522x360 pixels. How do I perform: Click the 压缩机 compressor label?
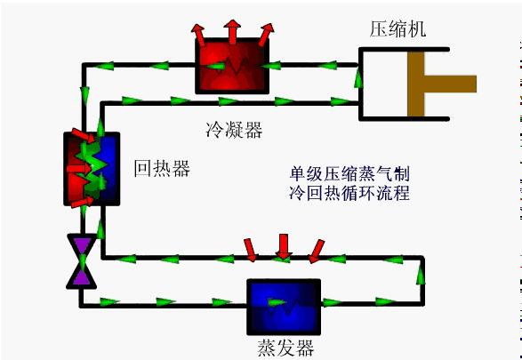(398, 29)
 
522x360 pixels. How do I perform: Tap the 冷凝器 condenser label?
(234, 130)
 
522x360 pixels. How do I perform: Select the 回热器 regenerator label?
(162, 168)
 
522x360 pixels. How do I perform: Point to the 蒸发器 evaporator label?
(285, 348)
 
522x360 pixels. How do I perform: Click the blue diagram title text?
(349, 183)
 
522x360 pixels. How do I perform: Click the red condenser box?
(232, 66)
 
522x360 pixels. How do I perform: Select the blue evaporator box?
(284, 307)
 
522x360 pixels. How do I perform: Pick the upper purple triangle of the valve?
(82, 244)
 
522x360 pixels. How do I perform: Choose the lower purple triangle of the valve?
(82, 276)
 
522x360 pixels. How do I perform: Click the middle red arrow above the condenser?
(232, 31)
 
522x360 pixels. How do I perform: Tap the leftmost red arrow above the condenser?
(199, 35)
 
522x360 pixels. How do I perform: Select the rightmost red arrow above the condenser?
(266, 35)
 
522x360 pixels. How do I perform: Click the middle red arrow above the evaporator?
(284, 246)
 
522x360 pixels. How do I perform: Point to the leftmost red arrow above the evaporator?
(251, 250)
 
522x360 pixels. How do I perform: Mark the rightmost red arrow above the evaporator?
(317, 252)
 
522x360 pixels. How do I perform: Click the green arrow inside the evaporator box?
(277, 303)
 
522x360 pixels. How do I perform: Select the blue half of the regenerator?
(108, 168)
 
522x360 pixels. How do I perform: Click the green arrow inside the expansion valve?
(82, 261)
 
